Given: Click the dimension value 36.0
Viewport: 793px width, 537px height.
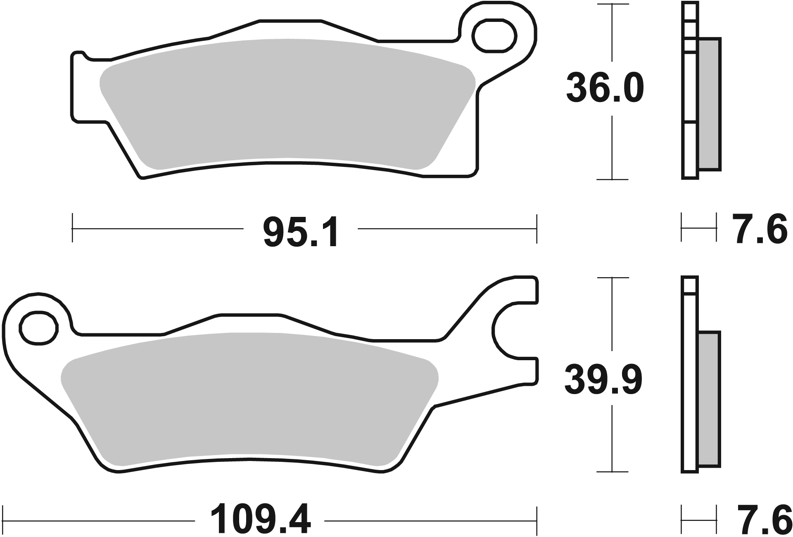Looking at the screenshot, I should point(605,88).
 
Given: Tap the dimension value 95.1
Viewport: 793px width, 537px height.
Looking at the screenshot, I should point(300,234).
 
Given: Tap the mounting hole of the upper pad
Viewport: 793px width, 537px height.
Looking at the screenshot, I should point(495,36).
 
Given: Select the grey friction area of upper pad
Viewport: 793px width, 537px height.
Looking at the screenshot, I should point(289,103).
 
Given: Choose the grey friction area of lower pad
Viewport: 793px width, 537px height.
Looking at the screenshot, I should point(248,397).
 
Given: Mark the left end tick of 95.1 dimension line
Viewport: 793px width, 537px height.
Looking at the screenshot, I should point(73,228).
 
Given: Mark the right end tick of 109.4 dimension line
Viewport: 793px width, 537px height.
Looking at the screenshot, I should point(536,520).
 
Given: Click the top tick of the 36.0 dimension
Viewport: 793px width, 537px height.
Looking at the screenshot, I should point(612,5).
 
